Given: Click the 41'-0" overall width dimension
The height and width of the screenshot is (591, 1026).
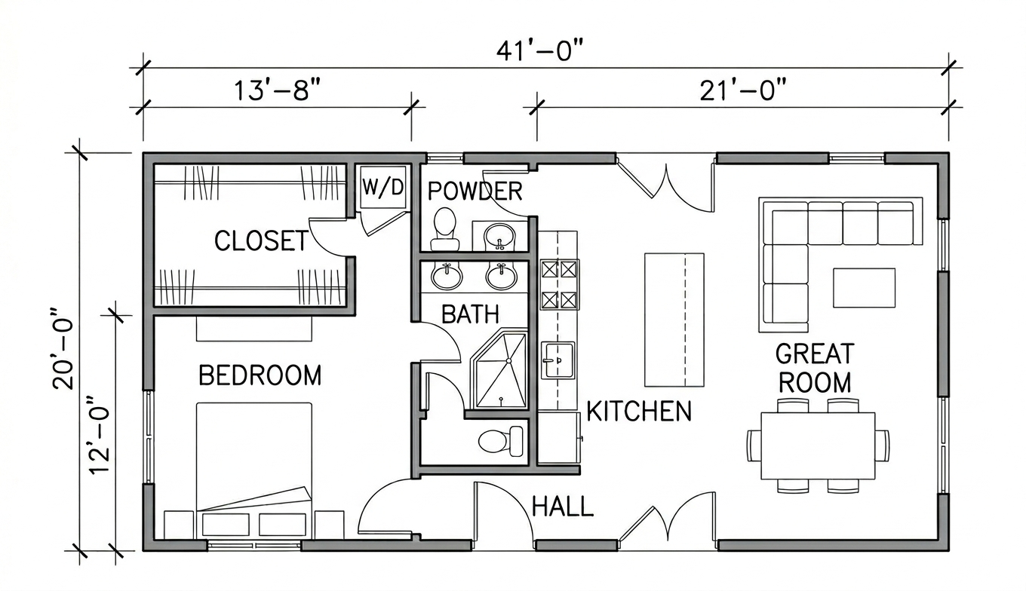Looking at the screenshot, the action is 541,51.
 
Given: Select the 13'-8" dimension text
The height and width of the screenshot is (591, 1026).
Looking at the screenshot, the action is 277,90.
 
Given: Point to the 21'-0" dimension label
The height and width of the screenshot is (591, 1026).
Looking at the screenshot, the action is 742,90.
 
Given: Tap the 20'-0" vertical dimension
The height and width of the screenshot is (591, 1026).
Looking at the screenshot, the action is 63,349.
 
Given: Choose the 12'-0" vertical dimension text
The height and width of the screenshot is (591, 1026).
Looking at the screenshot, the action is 100,434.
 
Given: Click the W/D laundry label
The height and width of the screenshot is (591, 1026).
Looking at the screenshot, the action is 383,187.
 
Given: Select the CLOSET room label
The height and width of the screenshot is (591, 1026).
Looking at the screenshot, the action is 262,240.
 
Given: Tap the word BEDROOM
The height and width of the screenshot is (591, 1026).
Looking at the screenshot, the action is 260,375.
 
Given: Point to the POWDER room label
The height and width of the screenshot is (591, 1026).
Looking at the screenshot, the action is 475,191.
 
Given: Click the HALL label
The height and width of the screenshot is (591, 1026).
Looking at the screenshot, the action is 563,507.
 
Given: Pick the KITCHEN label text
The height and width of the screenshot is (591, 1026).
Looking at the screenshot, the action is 639,411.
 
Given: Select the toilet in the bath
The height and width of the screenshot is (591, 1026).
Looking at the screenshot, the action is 501,441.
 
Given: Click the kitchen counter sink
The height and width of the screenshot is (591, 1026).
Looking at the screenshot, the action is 558,360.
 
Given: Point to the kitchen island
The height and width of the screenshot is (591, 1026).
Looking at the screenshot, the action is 674,320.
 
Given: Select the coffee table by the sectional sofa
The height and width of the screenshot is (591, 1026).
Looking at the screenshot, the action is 864,288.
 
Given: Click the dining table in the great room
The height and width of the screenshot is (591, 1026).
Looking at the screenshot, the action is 818,446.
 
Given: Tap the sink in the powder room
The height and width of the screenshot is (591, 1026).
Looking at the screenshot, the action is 499,236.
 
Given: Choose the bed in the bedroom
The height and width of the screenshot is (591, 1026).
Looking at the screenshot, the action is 254,470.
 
